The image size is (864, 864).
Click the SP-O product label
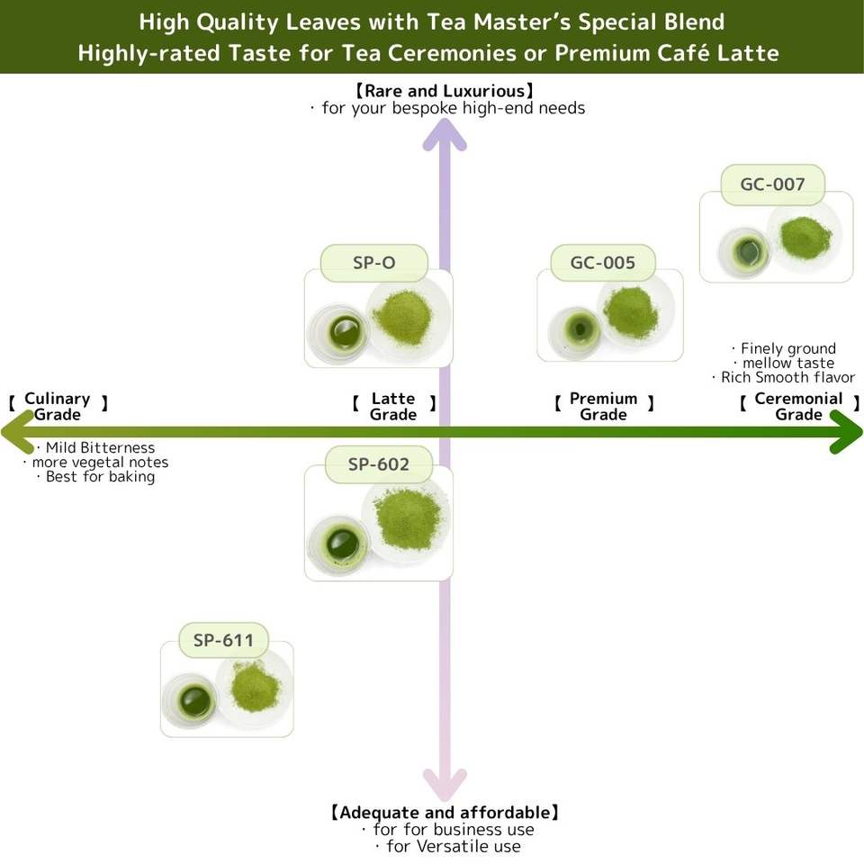pyautogui.click(x=373, y=264)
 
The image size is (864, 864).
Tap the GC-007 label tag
pyautogui.click(x=772, y=185)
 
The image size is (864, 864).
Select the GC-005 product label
pyautogui.click(x=602, y=264)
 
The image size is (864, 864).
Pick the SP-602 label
pyautogui.click(x=379, y=464)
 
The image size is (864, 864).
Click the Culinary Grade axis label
pyautogui.click(x=58, y=407)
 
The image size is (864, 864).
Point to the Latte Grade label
pyautogui.click(x=393, y=407)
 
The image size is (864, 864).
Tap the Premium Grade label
pyautogui.click(x=603, y=407)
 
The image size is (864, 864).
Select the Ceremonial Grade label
pyautogui.click(x=798, y=407)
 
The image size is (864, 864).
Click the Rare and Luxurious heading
pyautogui.click(x=445, y=91)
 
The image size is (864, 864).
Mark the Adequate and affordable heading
pyautogui.click(x=445, y=813)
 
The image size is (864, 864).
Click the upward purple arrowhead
pyautogui.click(x=445, y=134)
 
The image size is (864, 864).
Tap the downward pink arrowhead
pyautogui.click(x=445, y=783)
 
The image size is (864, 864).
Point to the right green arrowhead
pyautogui.click(x=846, y=432)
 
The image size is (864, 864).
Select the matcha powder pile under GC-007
pyautogui.click(x=805, y=236)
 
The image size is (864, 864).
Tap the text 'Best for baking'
pyautogui.click(x=100, y=477)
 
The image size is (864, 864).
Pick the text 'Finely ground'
pyautogui.click(x=787, y=348)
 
